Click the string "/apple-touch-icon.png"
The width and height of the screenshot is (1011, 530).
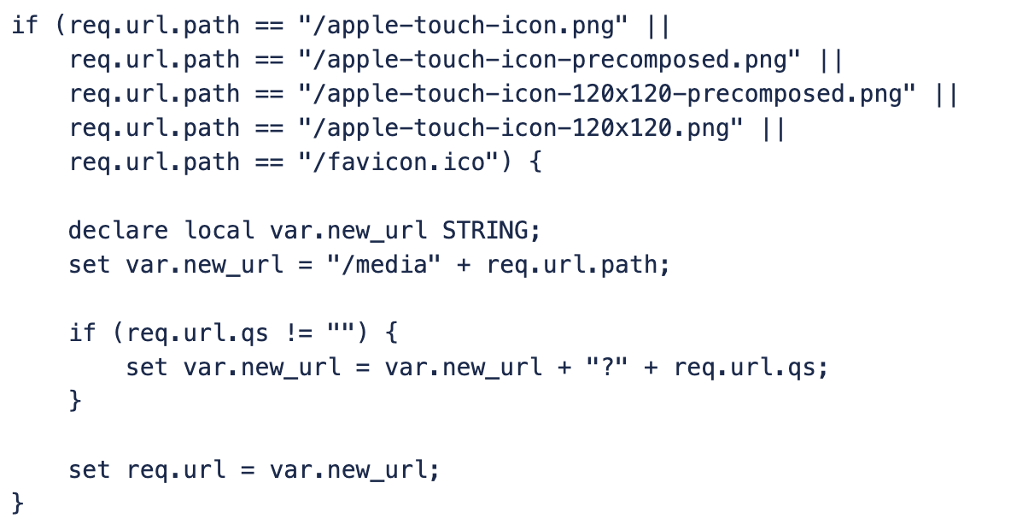[x=463, y=26]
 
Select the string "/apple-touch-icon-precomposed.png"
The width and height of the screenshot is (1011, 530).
[x=549, y=60]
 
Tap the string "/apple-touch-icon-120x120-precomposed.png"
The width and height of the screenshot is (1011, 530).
[x=607, y=94]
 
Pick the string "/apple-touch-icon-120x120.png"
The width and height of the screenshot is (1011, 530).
[x=520, y=128]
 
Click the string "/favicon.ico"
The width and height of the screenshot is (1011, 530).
[x=399, y=162]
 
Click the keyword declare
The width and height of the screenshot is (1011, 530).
[x=118, y=231]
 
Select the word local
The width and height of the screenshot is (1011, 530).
[x=219, y=231]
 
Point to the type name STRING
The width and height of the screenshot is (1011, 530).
[x=484, y=231]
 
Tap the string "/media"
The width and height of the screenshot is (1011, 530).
[x=383, y=265]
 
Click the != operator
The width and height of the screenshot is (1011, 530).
[x=299, y=333]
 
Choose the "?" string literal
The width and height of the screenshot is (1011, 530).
[x=607, y=368]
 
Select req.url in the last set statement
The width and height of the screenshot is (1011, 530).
[x=176, y=470]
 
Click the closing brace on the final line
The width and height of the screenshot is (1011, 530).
[x=17, y=503]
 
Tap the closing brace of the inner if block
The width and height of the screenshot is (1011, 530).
[x=75, y=400]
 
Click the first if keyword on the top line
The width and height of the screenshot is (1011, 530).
[x=25, y=25]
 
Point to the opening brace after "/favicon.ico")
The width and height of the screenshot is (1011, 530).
[x=535, y=162]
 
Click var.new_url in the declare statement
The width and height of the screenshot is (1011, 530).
[x=348, y=231]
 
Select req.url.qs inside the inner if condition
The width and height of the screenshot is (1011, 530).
[x=197, y=333]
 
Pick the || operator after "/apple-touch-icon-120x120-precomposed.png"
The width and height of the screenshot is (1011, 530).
[x=946, y=94]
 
